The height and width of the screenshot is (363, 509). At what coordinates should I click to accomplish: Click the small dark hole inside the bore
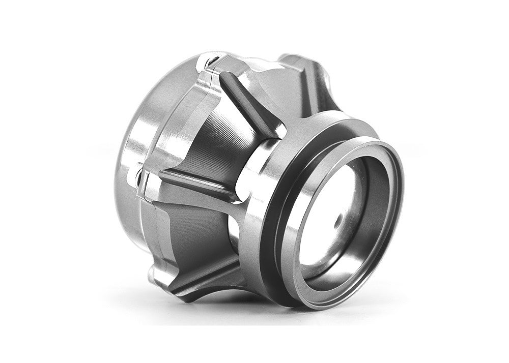[337, 222]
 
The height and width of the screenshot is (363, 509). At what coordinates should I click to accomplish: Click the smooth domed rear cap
[137, 117]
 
